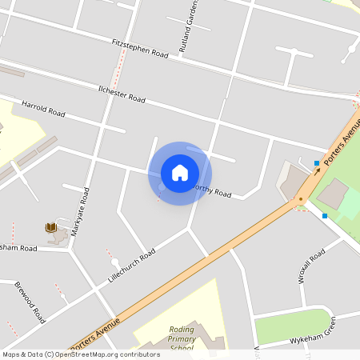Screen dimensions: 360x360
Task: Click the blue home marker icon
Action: [180, 173]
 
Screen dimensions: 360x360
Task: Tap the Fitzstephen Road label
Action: [140, 48]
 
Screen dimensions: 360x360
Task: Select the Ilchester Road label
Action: [121, 94]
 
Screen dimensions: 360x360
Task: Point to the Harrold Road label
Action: [43, 108]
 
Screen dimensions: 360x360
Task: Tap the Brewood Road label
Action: [30, 302]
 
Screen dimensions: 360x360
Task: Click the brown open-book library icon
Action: [51, 228]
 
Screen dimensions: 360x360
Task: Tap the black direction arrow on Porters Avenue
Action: [317, 171]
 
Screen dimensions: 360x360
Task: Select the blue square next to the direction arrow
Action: [317, 163]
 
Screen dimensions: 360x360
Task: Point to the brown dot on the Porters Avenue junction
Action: [301, 199]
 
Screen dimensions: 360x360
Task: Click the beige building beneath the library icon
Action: [58, 238]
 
